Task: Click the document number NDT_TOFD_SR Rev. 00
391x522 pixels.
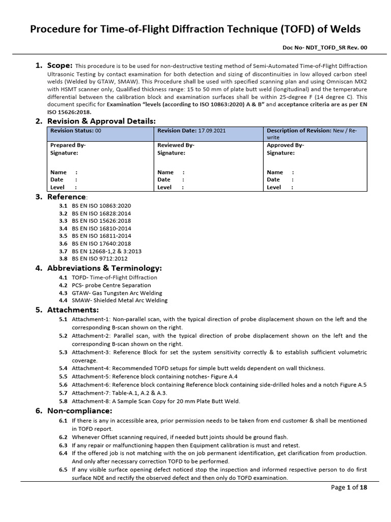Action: click(x=324, y=47)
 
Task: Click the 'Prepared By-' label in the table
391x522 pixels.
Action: click(x=68, y=145)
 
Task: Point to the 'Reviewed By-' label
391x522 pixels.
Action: click(x=176, y=145)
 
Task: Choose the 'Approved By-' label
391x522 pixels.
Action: click(x=286, y=145)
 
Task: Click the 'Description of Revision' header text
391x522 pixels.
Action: click(x=299, y=130)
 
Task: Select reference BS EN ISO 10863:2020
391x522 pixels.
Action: click(x=101, y=205)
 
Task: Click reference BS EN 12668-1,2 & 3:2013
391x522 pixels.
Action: click(x=106, y=251)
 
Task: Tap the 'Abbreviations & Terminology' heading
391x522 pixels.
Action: click(x=104, y=268)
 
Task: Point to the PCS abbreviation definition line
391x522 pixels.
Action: click(x=111, y=285)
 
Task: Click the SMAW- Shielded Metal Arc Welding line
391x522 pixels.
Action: click(x=119, y=301)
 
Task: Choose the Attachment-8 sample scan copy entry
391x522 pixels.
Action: click(x=155, y=401)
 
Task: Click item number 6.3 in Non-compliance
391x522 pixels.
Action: click(x=63, y=445)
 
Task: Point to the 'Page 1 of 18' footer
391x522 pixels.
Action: click(x=349, y=488)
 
